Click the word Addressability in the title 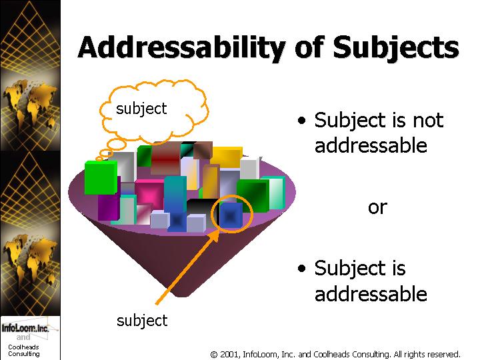coord(182,47)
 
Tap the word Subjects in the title coord(396,47)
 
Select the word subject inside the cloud coord(141,109)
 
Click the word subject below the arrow coord(142,321)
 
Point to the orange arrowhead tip coord(219,229)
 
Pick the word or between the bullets coord(377,207)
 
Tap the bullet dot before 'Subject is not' coord(301,120)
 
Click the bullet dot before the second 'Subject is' coord(301,268)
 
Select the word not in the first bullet coord(428,120)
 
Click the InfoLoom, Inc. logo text coord(25,328)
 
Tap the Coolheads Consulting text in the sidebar coord(23,351)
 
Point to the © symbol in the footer coord(214,355)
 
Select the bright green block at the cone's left coord(101,177)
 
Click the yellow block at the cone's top coord(227,157)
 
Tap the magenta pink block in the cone coord(149,194)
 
